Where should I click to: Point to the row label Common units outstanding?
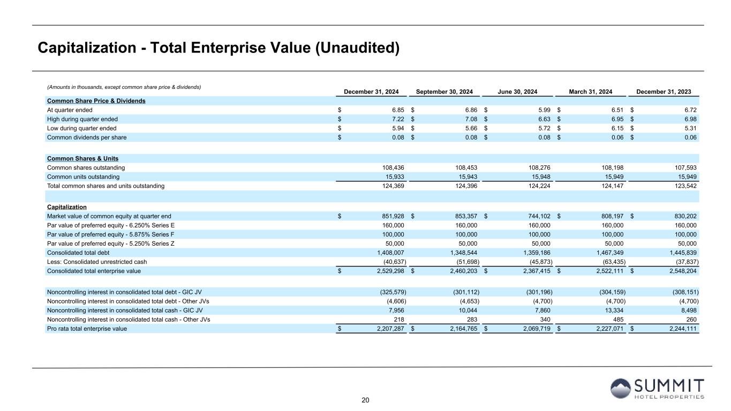(x=83, y=177)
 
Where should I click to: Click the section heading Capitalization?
(x=67, y=207)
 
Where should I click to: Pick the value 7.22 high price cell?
(x=396, y=119)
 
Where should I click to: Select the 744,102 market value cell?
(x=539, y=216)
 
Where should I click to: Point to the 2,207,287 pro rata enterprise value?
(x=389, y=329)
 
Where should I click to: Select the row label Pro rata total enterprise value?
(x=87, y=329)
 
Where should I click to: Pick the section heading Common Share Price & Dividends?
(x=96, y=101)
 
